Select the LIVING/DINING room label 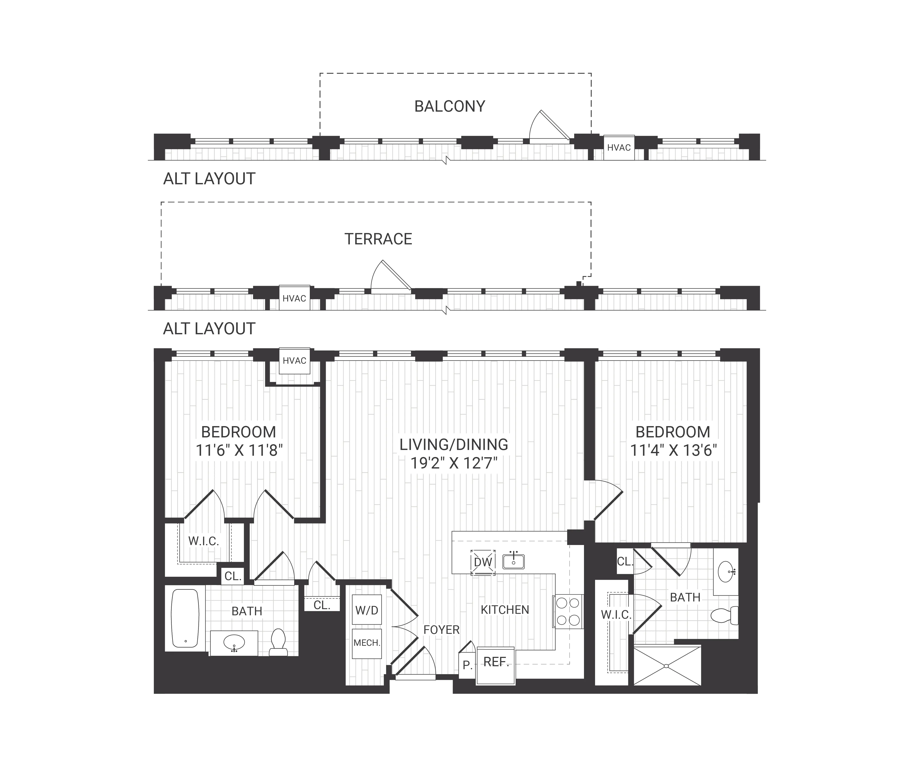tap(454, 444)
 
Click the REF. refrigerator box tap(496, 662)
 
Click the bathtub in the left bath tap(185, 618)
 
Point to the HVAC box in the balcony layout tap(618, 148)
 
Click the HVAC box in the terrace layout tap(294, 298)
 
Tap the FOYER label tap(441, 630)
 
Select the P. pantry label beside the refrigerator tap(467, 665)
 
